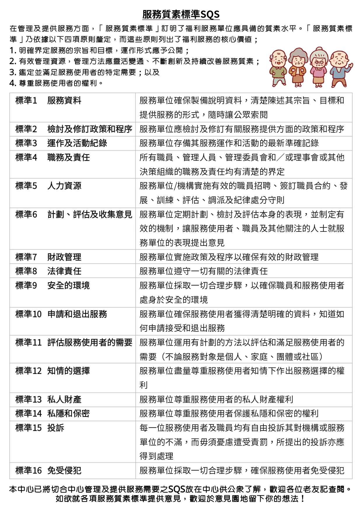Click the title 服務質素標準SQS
tap(181, 14)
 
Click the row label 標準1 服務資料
tap(48, 101)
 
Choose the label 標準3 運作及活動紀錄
tap(61, 143)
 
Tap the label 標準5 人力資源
tap(48, 186)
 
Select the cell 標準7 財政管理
tap(48, 257)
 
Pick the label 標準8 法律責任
tap(48, 271)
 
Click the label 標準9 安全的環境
tap(53, 286)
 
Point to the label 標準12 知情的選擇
tap(53, 371)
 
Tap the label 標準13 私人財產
tap(48, 399)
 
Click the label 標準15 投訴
tap(40, 428)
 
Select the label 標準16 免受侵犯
tap(48, 471)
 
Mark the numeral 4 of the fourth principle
tap(12, 83)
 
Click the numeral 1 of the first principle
tap(12, 51)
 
